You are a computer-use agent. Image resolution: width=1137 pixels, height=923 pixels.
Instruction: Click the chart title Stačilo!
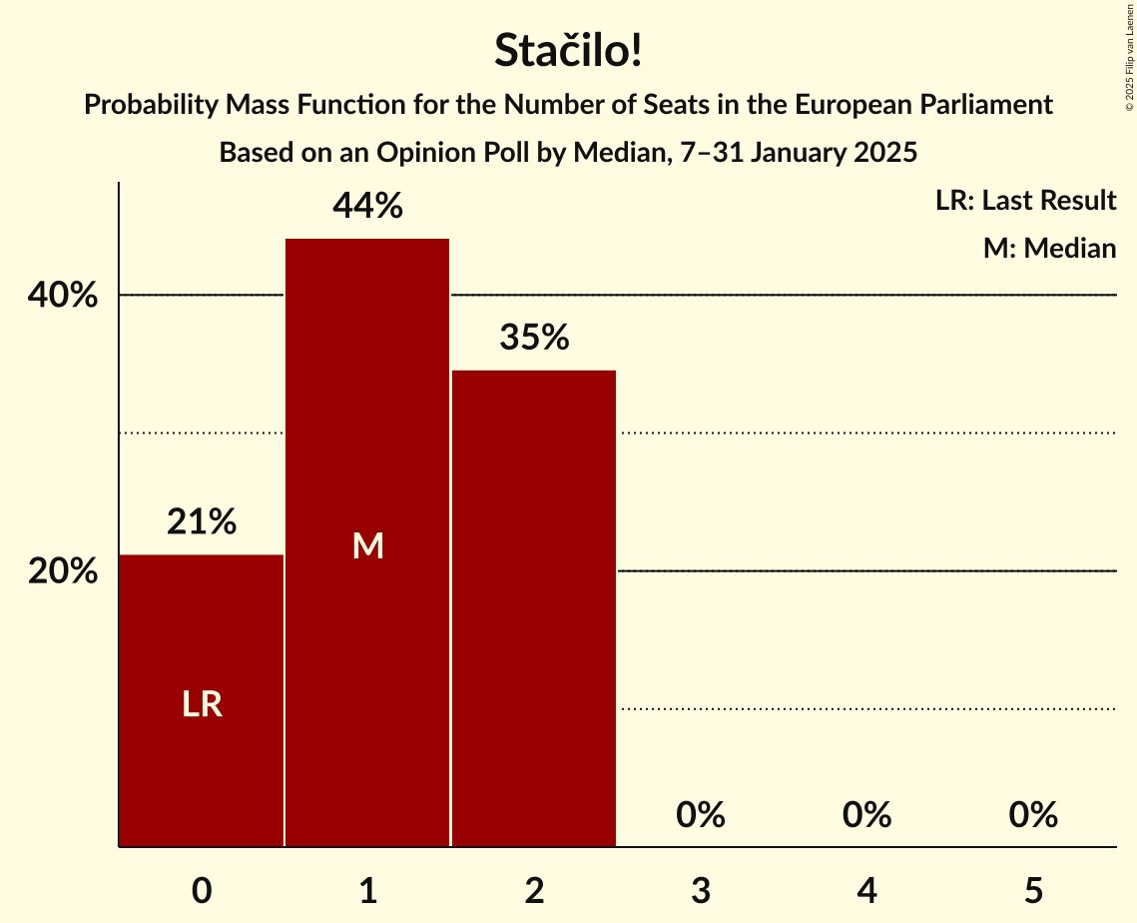(x=568, y=52)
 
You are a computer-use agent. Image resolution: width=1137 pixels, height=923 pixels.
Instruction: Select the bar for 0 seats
(x=202, y=699)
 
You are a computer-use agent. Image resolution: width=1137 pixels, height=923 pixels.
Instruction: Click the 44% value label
(x=367, y=207)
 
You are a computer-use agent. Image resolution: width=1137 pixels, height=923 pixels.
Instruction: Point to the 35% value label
(x=534, y=339)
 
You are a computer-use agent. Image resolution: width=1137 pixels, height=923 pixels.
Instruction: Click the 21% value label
(x=202, y=521)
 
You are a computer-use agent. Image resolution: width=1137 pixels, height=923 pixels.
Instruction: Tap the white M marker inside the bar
(x=367, y=545)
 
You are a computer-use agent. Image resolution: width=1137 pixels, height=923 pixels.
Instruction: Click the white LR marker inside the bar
(x=202, y=705)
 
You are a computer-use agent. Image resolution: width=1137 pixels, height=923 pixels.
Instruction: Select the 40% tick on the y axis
(x=62, y=296)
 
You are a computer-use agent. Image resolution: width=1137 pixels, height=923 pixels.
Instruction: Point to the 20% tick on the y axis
(x=62, y=572)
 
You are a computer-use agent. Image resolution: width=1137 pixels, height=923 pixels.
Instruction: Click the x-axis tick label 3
(x=700, y=891)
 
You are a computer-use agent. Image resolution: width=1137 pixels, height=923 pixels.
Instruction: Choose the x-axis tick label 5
(x=1033, y=891)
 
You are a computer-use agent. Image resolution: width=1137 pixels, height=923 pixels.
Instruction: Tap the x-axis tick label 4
(x=866, y=891)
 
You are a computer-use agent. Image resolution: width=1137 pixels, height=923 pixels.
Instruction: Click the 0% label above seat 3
(x=700, y=815)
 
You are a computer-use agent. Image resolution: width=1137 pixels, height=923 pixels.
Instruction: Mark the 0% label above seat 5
(x=1033, y=815)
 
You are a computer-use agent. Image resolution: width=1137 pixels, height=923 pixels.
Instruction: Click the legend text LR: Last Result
(x=1025, y=201)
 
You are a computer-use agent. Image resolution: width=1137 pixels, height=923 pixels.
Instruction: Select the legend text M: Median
(x=1049, y=248)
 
